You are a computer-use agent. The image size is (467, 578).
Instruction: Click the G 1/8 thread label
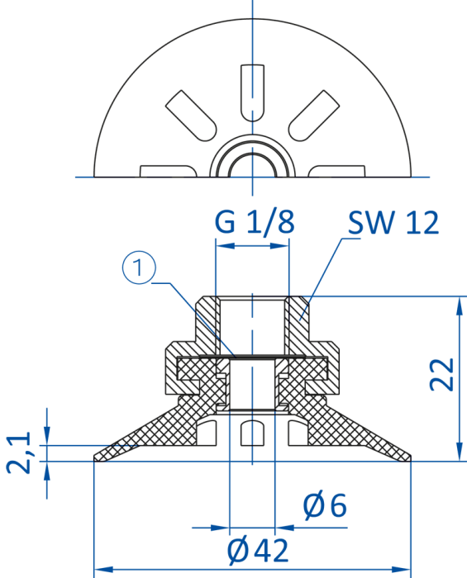255,222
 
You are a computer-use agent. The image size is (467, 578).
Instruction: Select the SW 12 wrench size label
393,222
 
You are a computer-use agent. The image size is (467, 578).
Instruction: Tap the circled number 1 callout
139,268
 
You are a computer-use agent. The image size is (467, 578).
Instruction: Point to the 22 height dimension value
441,374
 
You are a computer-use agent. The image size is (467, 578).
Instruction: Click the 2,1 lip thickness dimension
19,453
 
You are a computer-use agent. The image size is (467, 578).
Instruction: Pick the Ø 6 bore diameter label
325,505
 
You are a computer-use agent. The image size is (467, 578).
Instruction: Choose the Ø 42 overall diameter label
258,551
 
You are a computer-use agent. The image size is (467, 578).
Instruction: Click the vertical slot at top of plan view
252,92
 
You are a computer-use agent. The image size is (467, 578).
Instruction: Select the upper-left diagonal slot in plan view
191,116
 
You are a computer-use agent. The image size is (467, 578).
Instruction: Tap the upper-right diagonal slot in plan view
313,116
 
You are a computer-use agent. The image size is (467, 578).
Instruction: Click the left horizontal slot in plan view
169,172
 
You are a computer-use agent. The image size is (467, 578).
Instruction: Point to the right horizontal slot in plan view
336,172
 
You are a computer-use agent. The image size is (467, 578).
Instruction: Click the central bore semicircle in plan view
252,154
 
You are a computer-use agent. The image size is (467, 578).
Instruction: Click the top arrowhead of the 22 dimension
460,306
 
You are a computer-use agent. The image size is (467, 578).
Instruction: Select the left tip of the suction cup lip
94,458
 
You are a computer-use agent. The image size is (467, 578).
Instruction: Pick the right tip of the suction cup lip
410,458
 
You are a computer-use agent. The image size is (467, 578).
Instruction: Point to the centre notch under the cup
252,433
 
